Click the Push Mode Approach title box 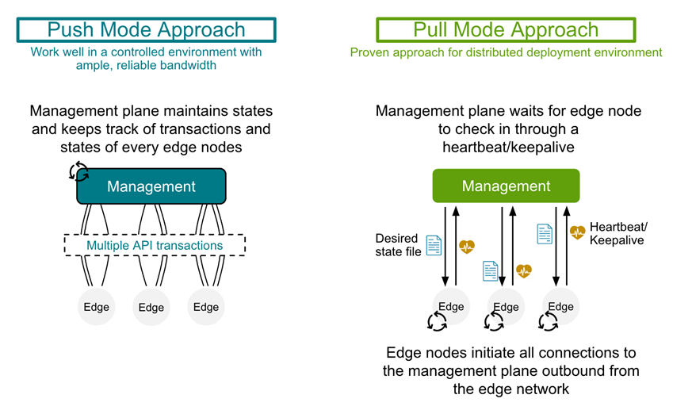[x=147, y=30]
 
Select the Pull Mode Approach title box [x=506, y=30]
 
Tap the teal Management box [x=151, y=186]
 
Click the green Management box [x=506, y=186]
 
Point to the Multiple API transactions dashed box [x=155, y=245]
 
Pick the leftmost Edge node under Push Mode [x=97, y=307]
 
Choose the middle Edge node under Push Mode [x=151, y=307]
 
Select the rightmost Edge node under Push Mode [x=206, y=307]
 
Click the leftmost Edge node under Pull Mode [x=451, y=306]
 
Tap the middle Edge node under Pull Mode [x=506, y=306]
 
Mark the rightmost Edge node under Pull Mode [x=560, y=306]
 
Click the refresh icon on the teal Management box [x=79, y=171]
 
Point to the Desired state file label [x=397, y=245]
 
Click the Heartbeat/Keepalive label [x=617, y=233]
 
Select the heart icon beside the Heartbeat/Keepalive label [x=577, y=232]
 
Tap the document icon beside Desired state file [x=434, y=245]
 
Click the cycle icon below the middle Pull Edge [x=494, y=321]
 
